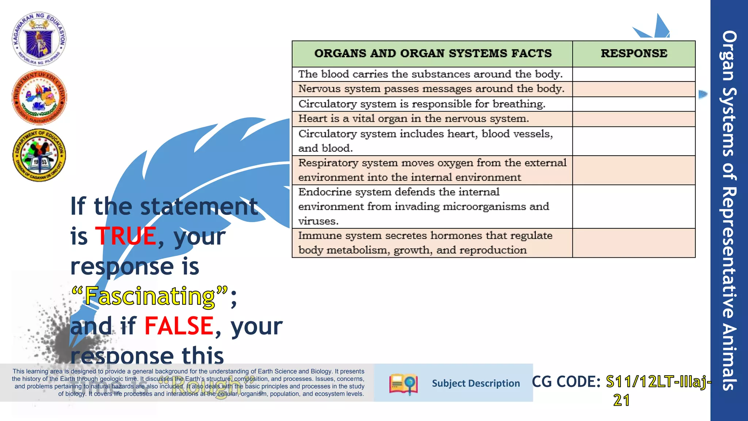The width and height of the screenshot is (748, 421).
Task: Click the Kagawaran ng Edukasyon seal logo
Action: point(39,39)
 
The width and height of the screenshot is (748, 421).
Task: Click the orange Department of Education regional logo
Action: point(39,98)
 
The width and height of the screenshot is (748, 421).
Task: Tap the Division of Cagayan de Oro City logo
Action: point(39,155)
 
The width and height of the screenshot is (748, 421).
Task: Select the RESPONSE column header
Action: point(634,53)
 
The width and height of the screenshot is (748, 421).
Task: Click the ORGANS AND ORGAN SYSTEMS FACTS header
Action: point(432,53)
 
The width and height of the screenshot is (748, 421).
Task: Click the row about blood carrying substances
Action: point(430,74)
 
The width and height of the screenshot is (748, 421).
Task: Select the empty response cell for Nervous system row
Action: point(634,89)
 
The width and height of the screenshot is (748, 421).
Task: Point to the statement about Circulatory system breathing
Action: point(421,104)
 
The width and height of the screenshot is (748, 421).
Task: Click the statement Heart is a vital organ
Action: point(413,119)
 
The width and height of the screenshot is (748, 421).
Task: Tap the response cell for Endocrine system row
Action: point(634,206)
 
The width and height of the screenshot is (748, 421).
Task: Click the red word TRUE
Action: point(126,236)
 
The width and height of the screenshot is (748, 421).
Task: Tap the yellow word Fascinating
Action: point(150,296)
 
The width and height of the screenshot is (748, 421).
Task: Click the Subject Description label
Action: point(476,383)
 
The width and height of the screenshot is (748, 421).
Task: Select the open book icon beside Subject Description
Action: point(403,384)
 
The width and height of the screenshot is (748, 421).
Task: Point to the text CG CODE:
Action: point(566,382)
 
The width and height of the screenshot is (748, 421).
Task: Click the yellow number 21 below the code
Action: point(621,401)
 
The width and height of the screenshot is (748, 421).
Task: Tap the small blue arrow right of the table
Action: point(703,94)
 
